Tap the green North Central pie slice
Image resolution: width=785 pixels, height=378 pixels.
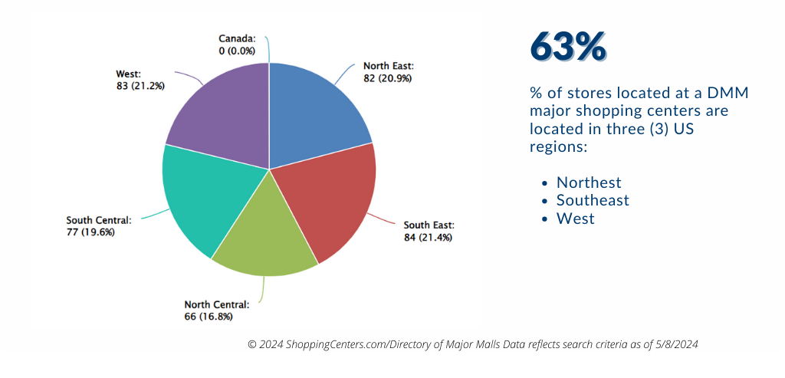[x=264, y=238]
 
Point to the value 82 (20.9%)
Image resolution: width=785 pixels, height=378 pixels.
[x=387, y=78]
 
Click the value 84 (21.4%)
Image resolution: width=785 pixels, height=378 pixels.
[x=428, y=237]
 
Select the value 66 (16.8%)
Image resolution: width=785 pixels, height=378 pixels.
[x=208, y=316]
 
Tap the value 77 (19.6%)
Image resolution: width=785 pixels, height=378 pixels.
[x=90, y=232]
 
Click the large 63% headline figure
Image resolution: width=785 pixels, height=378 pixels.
[x=568, y=48]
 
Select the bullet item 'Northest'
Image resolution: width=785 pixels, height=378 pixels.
[x=589, y=182]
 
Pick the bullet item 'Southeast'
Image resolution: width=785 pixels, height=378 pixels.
[x=593, y=200]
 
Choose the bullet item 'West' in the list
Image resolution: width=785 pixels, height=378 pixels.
[x=575, y=219]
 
